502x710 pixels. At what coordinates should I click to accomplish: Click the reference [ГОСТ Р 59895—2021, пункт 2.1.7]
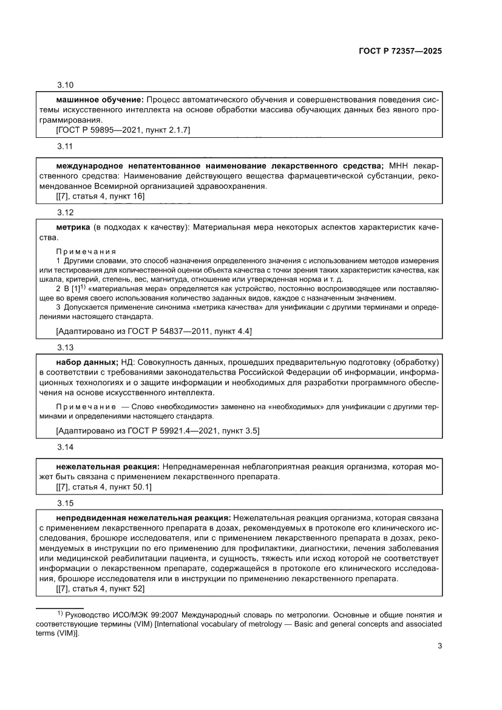click(123, 129)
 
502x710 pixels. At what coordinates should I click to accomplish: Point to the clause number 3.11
click(65, 147)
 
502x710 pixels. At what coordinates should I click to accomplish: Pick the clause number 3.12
click(65, 213)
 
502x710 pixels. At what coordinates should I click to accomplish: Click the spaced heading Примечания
click(86, 251)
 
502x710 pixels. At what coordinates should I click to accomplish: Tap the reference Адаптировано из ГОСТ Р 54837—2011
click(153, 331)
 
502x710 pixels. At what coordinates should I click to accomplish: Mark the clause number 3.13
click(65, 347)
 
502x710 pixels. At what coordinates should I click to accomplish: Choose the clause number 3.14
click(65, 447)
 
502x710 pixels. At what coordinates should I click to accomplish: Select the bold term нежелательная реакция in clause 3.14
click(107, 466)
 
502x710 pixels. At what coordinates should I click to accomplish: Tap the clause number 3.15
click(65, 503)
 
